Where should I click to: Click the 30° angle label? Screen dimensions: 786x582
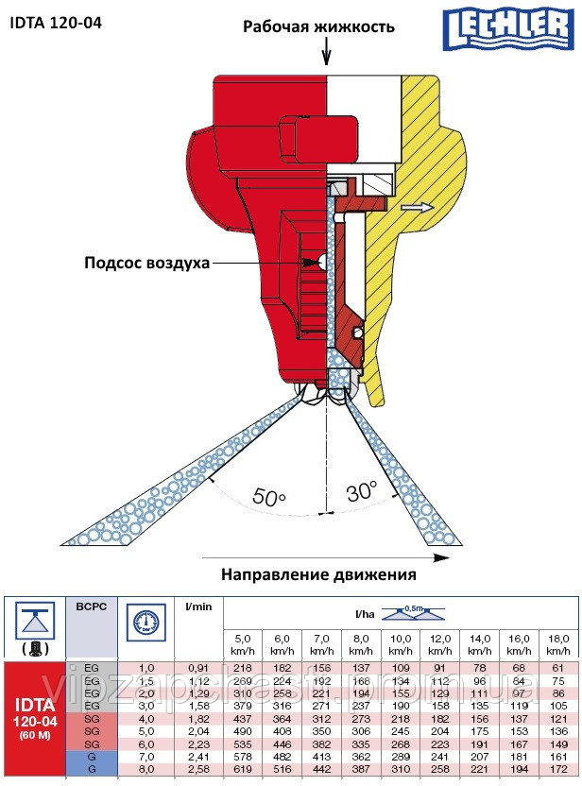pyautogui.click(x=360, y=492)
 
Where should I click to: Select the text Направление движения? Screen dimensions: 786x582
pyautogui.click(x=318, y=573)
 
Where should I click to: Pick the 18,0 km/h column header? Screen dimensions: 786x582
pyautogui.click(x=557, y=645)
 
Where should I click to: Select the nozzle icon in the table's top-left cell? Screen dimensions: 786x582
pyautogui.click(x=34, y=627)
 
